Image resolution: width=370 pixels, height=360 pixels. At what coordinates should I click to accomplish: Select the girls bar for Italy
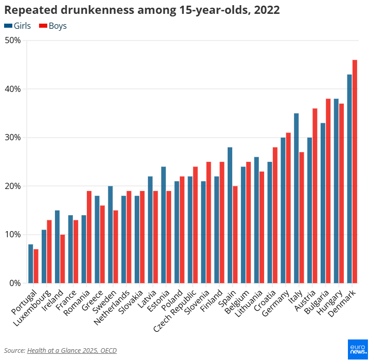pyautogui.click(x=297, y=198)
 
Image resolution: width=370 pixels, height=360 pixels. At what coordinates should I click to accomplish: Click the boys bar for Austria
pyautogui.click(x=315, y=195)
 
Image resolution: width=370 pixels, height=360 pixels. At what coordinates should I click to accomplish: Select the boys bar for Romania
pyautogui.click(x=89, y=237)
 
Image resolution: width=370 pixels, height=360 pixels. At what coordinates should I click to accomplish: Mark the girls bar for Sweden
pyautogui.click(x=110, y=234)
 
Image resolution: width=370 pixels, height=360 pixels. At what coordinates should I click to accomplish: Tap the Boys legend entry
pyautogui.click(x=53, y=26)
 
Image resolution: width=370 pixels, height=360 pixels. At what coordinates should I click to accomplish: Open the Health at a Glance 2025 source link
pyautogui.click(x=72, y=350)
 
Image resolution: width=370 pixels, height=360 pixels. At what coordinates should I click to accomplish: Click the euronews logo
pyautogui.click(x=357, y=349)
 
